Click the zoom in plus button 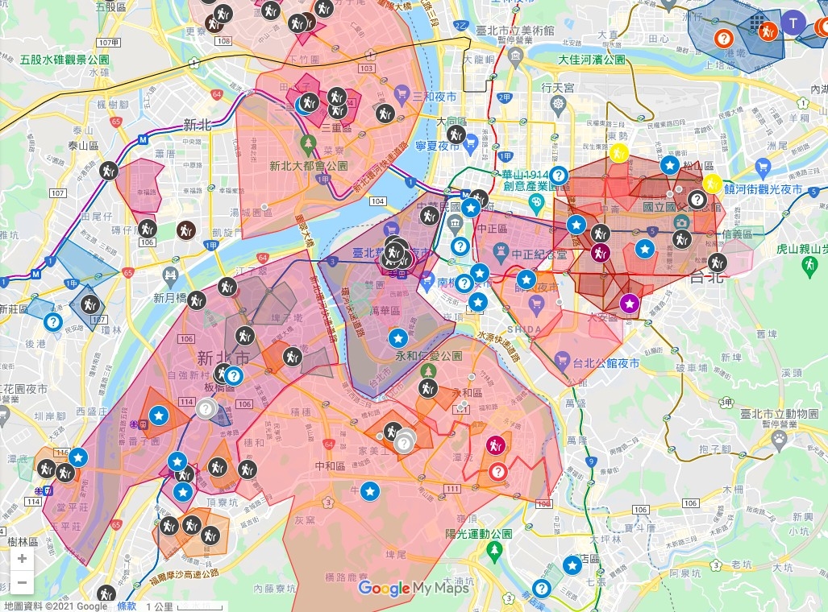coord(22,559)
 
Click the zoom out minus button coord(22,583)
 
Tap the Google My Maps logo coord(413,589)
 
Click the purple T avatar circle coord(794,23)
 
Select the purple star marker coord(630,304)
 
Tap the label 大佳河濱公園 coord(592,60)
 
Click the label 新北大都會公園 coord(309,166)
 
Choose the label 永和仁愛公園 coord(428,355)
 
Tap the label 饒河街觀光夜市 coord(764,188)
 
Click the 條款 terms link coord(127,606)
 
